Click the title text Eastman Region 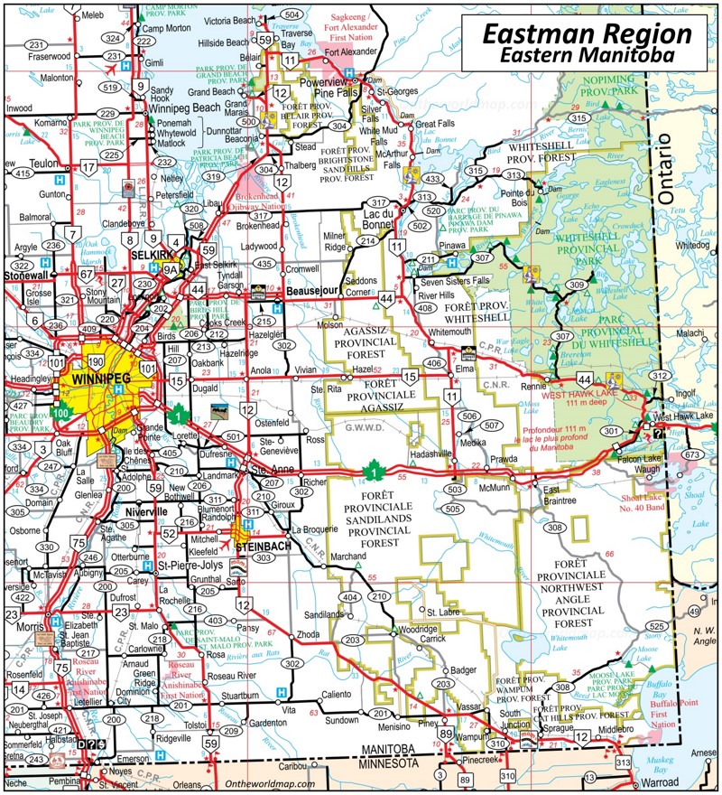click(587, 34)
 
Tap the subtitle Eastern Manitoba click(587, 56)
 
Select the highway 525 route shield click(657, 626)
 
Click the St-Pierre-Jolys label click(190, 566)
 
